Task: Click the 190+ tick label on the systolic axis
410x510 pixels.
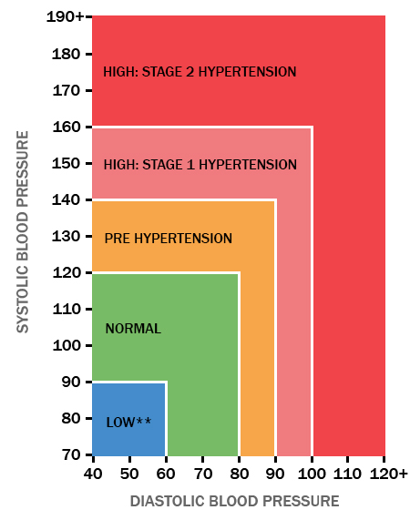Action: pos(64,17)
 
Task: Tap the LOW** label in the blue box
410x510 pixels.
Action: pos(128,421)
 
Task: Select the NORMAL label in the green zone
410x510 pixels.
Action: pos(133,329)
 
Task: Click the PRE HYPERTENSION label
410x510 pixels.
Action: pos(169,239)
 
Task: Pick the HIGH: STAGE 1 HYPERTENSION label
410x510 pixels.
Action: pos(200,165)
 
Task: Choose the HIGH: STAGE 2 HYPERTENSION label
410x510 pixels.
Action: pos(200,71)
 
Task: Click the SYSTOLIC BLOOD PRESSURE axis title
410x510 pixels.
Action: pos(24,232)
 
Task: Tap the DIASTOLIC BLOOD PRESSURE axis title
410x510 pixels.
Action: pos(234,500)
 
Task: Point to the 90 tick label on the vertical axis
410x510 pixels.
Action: pos(71,382)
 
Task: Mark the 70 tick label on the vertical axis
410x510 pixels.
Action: pos(71,454)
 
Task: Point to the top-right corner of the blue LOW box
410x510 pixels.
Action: pos(166,382)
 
